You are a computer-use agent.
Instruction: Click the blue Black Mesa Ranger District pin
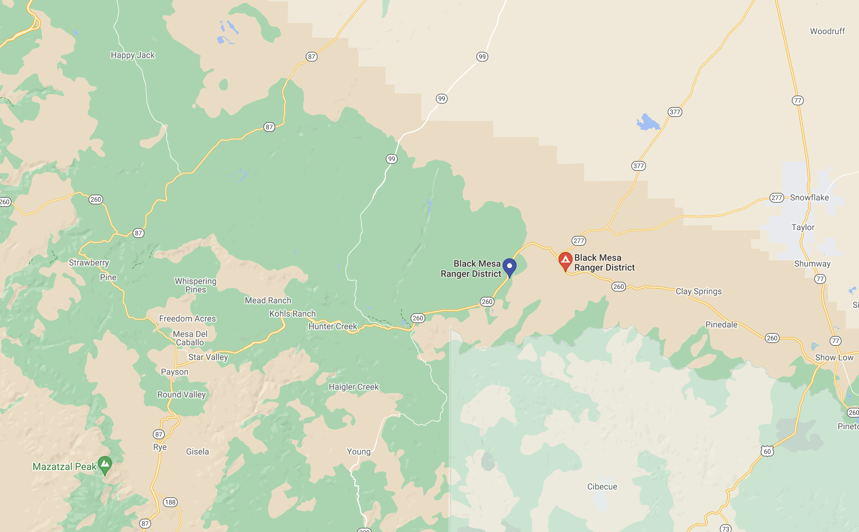coord(509,267)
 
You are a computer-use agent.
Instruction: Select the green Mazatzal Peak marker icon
coord(105,464)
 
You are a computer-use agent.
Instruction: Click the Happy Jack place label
coord(133,55)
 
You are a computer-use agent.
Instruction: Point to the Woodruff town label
coord(827,31)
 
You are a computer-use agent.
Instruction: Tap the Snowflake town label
coord(809,198)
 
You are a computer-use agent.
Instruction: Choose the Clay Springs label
coord(698,291)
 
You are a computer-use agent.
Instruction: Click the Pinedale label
coord(721,325)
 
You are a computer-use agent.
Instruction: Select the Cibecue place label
coord(602,486)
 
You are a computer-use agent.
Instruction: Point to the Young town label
coord(358,451)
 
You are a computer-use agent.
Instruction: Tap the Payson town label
coord(175,372)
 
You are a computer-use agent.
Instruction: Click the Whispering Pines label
coord(196,285)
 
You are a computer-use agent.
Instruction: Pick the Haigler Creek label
coord(353,387)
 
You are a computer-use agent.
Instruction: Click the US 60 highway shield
coord(767,451)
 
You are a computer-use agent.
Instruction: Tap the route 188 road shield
coord(170,502)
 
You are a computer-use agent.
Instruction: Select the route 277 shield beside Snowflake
coord(776,198)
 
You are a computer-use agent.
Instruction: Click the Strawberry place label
coord(88,263)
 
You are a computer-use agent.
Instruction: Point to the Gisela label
coord(197,451)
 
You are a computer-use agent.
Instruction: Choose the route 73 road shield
coord(725,528)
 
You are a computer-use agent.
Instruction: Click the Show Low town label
coord(834,357)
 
